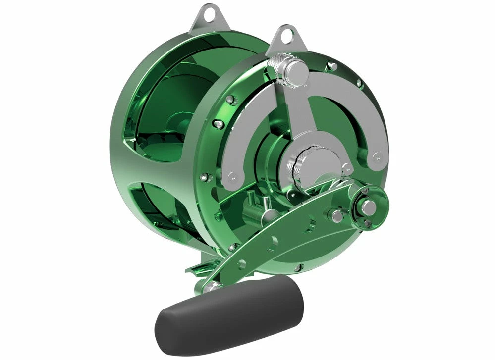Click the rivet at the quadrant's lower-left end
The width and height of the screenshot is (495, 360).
click(x=230, y=176)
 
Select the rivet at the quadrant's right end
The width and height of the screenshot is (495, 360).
click(x=377, y=158)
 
